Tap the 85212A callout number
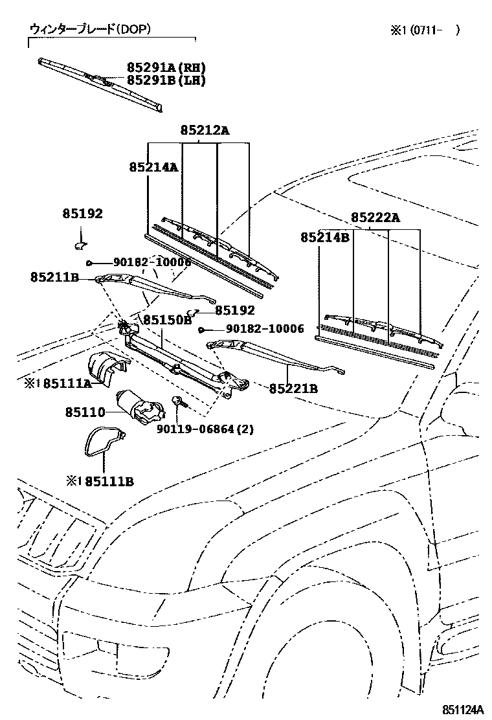pyautogui.click(x=205, y=130)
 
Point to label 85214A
pyautogui.click(x=153, y=167)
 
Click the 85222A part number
pyautogui.click(x=375, y=218)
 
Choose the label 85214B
pyautogui.click(x=324, y=238)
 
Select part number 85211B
pyautogui.click(x=54, y=277)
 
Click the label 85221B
pyautogui.click(x=293, y=388)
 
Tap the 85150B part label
pyautogui.click(x=167, y=320)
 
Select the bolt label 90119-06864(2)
pyautogui.click(x=205, y=429)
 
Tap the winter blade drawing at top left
pyautogui.click(x=100, y=82)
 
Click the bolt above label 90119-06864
pyautogui.click(x=178, y=402)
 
